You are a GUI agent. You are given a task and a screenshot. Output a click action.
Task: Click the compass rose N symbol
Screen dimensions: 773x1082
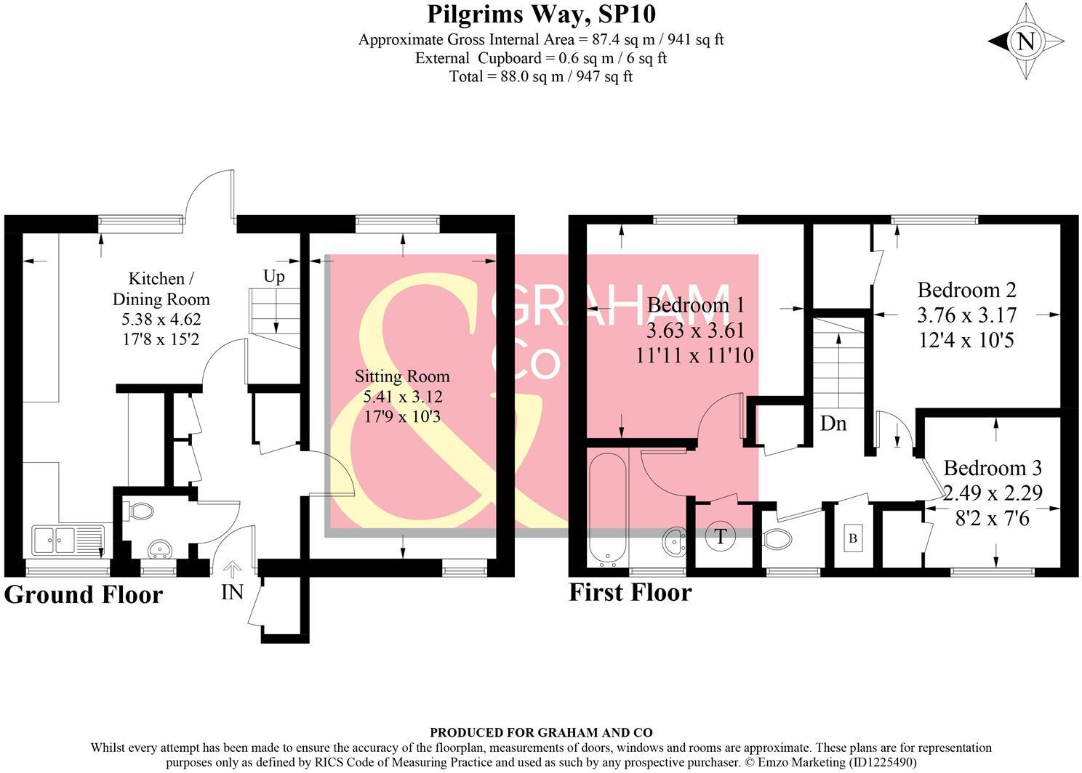point(1025,41)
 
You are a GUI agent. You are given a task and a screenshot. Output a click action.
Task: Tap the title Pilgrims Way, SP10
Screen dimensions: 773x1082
point(541,14)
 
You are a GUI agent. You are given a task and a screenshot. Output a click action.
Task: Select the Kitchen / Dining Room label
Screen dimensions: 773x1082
point(161,288)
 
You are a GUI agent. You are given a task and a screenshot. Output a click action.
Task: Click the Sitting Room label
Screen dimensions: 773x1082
point(402,376)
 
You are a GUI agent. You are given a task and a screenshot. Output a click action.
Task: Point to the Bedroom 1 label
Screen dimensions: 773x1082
point(695,305)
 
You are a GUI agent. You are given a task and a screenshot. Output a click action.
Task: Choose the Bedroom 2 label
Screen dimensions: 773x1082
point(966,291)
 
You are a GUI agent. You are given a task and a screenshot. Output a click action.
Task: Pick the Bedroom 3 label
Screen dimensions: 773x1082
point(992,467)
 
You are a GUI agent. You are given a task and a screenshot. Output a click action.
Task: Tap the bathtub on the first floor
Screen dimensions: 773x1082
point(606,509)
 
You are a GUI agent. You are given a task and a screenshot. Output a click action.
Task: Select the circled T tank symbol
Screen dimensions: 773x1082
point(721,537)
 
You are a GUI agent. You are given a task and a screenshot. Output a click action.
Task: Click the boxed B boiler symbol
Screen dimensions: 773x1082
point(853,539)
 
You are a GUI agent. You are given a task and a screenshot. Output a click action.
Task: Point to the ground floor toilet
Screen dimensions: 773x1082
point(140,511)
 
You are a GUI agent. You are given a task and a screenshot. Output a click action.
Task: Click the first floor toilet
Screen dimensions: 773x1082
point(777,539)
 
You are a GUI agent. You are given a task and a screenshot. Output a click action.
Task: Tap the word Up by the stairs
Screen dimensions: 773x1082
point(274,276)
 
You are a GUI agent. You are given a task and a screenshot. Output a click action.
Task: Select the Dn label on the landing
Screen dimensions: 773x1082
point(833,423)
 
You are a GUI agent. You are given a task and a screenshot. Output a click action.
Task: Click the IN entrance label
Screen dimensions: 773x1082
point(232,592)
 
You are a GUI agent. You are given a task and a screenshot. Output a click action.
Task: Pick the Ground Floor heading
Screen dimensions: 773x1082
point(84,594)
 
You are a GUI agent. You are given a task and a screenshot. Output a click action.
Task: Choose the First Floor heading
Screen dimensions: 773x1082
point(630,592)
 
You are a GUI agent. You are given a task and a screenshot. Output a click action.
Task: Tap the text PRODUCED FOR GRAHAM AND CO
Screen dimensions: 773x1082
point(541,732)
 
